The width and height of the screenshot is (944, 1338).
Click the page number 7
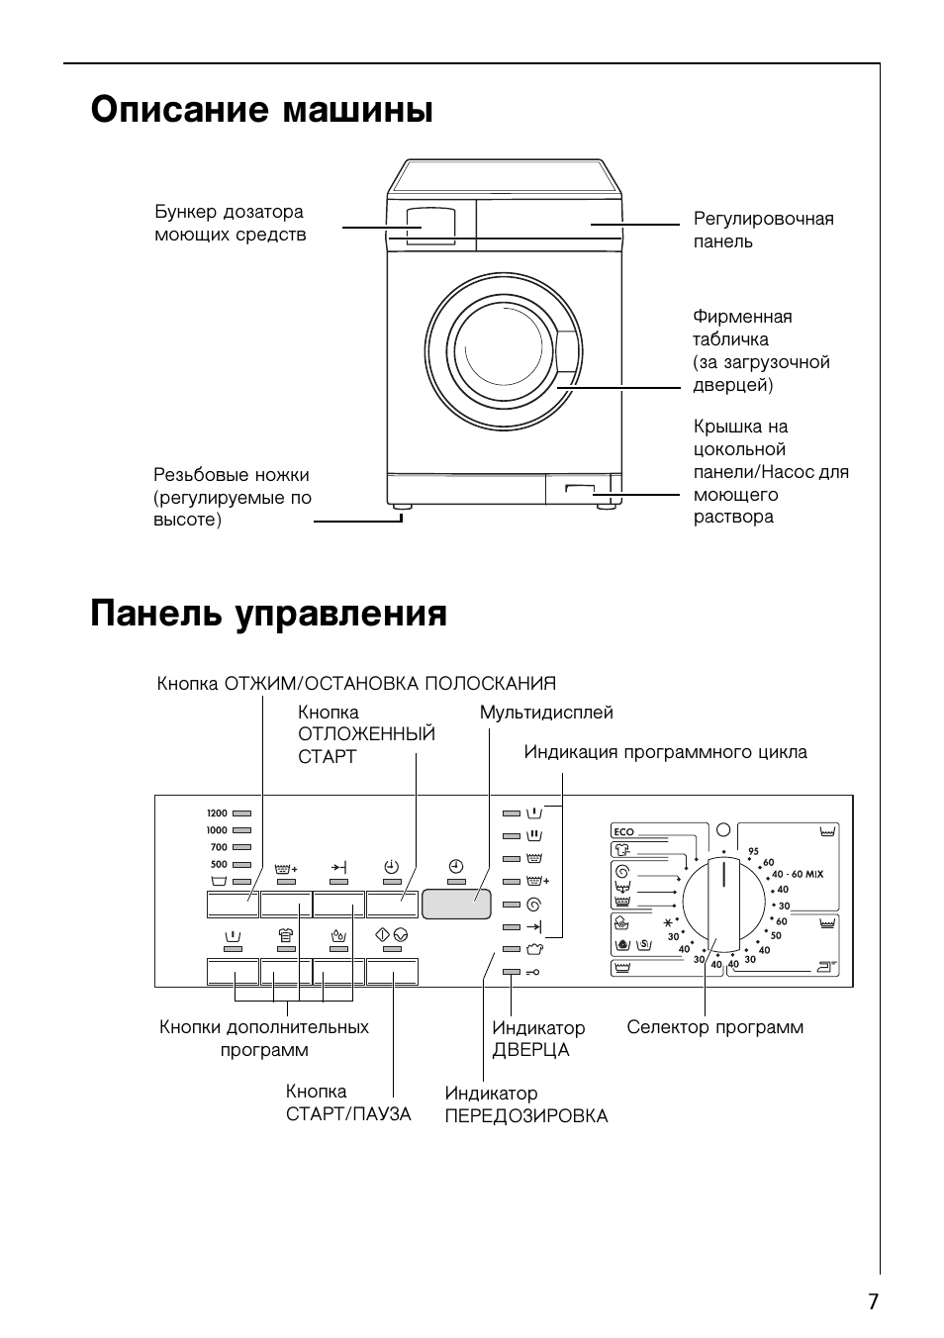pyautogui.click(x=873, y=1301)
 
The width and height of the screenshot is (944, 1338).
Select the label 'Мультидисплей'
pyautogui.click(x=546, y=713)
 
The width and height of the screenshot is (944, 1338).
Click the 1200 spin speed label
pyautogui.click(x=217, y=813)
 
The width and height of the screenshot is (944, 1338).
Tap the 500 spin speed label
pyautogui.click(x=219, y=864)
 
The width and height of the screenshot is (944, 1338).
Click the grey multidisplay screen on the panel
pyautogui.click(x=456, y=904)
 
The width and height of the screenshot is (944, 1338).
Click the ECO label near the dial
pyautogui.click(x=623, y=831)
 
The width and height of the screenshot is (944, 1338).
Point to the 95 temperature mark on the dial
pyautogui.click(x=753, y=851)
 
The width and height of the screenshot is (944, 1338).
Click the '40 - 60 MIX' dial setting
pyautogui.click(x=798, y=874)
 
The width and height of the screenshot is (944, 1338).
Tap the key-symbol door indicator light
pyautogui.click(x=511, y=972)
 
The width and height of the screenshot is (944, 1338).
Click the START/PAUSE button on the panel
pyautogui.click(x=392, y=972)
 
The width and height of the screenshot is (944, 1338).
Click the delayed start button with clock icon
pyautogui.click(x=392, y=904)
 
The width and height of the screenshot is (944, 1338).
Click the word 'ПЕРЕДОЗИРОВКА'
pyautogui.click(x=526, y=1116)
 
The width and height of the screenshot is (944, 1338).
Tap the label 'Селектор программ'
pyautogui.click(x=714, y=1027)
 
